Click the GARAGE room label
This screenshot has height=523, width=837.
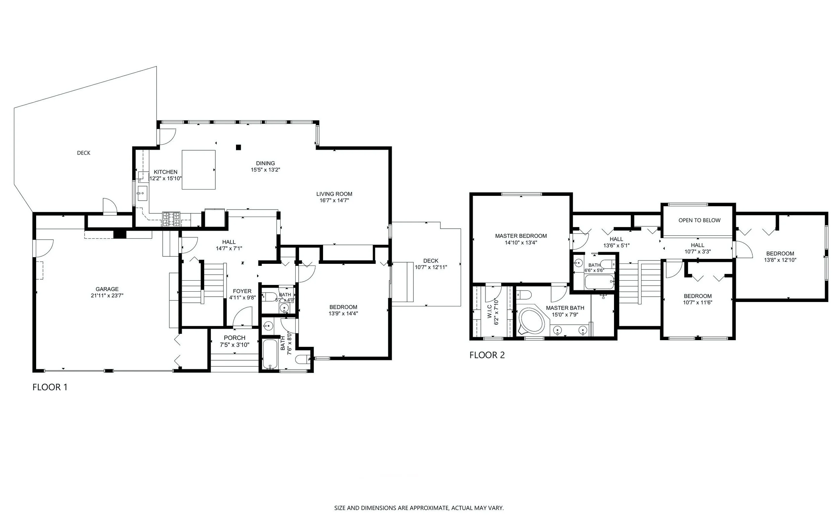107,289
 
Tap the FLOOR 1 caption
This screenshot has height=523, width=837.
50,387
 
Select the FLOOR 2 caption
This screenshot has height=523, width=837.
487,355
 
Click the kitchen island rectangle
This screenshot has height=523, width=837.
199,169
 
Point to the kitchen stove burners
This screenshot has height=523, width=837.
171,219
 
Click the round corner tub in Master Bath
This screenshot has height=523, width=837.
532,321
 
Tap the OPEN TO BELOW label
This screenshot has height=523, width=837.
699,220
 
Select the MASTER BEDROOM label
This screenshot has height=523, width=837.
521,236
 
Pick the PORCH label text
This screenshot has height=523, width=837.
234,338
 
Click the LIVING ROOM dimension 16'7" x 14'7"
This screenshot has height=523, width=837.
334,200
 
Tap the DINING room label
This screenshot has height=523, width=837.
265,163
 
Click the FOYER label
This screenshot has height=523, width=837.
242,291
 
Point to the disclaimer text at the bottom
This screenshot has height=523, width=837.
419,508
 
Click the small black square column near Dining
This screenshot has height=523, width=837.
238,147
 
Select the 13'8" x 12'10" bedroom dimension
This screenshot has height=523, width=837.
780,260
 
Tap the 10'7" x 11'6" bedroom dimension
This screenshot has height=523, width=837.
698,302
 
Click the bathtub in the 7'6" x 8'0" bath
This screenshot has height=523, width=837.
270,354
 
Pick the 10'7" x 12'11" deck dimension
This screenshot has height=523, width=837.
431,267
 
